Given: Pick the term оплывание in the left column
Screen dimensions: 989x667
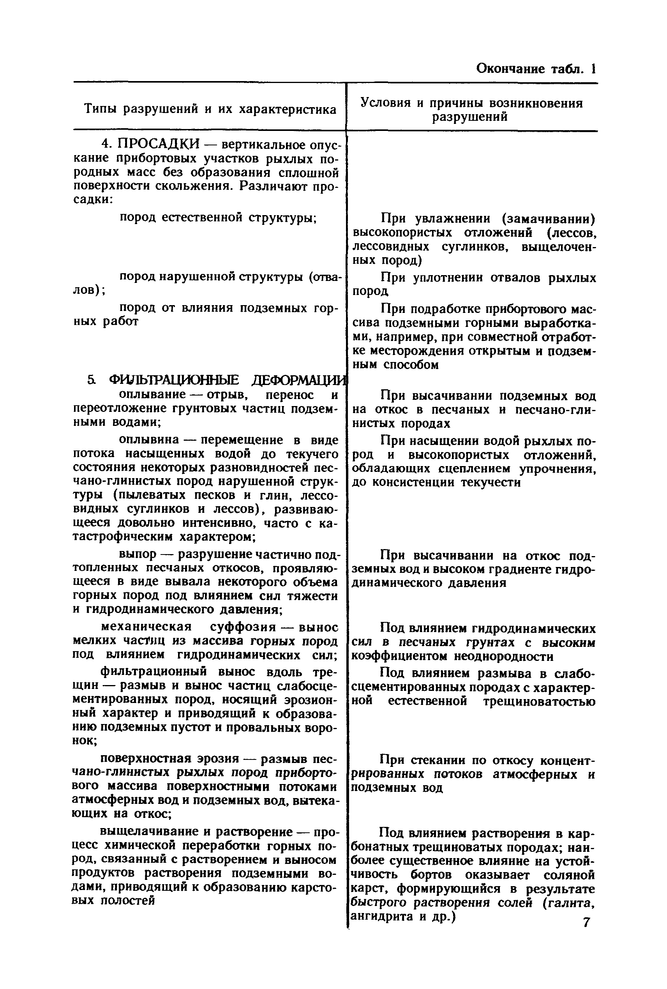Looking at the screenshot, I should coord(152,395).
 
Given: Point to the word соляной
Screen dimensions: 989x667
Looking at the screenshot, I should coord(569,874).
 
